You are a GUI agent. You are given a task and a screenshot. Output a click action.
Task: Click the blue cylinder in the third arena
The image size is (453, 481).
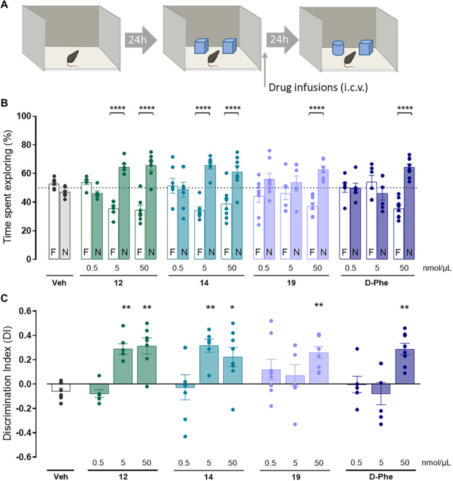point(338,48)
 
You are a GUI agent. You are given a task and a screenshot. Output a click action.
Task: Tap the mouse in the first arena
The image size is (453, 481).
point(73,59)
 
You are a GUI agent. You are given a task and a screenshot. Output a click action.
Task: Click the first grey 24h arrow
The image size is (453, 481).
point(141,40)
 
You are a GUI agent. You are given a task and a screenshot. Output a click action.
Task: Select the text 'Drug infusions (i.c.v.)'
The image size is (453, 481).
point(318,87)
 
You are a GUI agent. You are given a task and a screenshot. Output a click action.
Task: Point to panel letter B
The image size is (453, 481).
point(5,103)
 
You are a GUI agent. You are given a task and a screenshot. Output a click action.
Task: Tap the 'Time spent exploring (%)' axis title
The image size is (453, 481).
point(7,187)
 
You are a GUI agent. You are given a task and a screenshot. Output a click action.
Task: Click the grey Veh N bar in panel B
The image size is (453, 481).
point(65,226)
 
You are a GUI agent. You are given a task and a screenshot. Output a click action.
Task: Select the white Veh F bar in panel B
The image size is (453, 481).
point(54,221)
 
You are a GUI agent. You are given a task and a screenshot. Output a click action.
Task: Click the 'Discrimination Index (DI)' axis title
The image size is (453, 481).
point(7,384)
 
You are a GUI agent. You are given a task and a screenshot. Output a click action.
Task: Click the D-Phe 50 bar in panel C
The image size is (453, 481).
point(405,367)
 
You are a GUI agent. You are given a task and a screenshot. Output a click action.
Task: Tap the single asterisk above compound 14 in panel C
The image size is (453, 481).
point(232,308)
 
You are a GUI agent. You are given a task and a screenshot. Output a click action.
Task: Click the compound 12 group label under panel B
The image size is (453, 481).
point(118,283)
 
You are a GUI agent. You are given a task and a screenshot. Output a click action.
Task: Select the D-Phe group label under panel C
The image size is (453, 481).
point(381,476)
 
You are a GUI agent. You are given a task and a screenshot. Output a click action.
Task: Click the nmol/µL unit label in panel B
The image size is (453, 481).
point(437,268)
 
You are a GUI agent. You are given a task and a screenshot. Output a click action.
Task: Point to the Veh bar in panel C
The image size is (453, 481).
point(61,387)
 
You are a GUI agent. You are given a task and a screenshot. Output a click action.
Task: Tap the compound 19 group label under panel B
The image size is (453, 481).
point(291,283)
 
